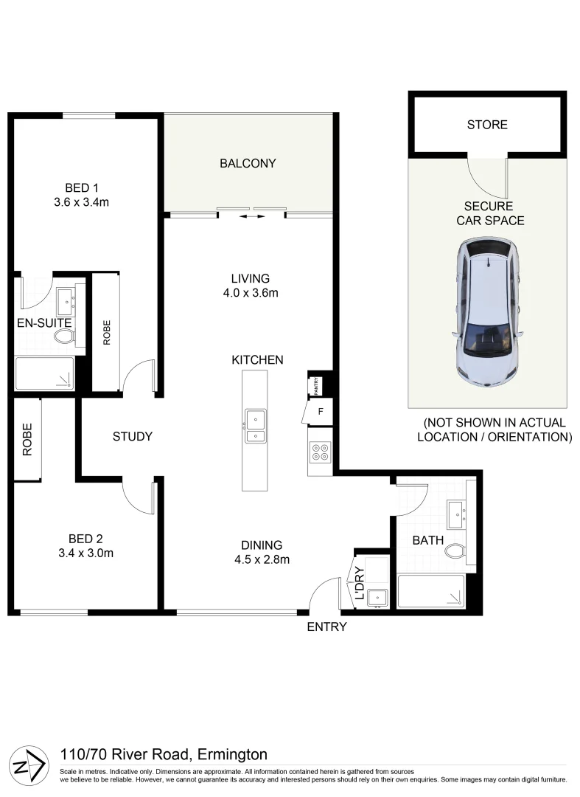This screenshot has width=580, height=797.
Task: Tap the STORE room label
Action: [x=487, y=125]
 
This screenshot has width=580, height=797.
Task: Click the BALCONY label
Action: [x=248, y=163]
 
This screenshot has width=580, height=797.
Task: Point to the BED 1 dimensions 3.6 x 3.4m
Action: [x=81, y=201]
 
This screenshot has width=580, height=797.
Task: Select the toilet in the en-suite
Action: [x=65, y=337]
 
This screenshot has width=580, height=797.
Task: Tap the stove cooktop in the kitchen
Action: [x=321, y=452]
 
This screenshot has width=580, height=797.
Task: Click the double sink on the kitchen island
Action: [x=255, y=427]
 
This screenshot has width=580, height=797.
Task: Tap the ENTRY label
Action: [x=326, y=627]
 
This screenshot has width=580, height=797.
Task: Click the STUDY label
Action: [x=133, y=436]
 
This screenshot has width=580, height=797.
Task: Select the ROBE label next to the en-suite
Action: [x=105, y=333]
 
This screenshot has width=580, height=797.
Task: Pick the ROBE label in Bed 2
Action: [x=27, y=440]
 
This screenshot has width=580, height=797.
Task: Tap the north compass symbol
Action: [x=27, y=765]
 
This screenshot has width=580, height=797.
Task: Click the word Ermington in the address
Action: [x=232, y=754]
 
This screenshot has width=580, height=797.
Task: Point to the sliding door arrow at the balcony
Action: [x=252, y=217]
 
